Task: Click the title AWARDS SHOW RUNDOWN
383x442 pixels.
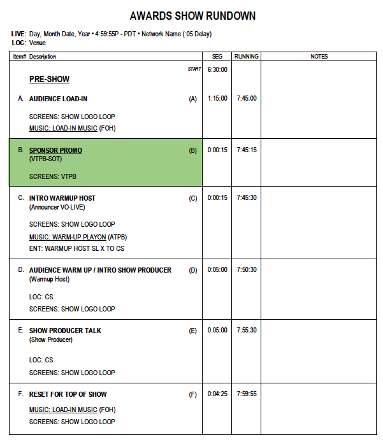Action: tap(192, 16)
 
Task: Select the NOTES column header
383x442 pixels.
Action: tap(319, 57)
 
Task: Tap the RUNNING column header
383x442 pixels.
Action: tap(246, 57)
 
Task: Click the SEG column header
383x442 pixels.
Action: tap(217, 57)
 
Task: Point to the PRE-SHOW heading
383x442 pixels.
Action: tap(49, 80)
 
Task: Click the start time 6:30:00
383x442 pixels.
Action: tap(217, 69)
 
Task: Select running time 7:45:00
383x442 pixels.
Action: tap(246, 99)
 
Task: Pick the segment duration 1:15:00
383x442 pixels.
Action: tap(217, 99)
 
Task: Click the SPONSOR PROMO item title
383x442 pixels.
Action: tap(55, 150)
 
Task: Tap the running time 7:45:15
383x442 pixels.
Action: tap(246, 150)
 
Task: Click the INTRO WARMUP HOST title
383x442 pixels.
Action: tap(62, 198)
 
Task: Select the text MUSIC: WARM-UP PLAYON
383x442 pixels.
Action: tap(68, 236)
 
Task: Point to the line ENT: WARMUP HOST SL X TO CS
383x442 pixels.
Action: tap(76, 248)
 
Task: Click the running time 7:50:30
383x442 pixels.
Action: tap(246, 270)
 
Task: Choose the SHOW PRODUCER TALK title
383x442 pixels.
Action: tap(65, 331)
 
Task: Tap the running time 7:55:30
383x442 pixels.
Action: tap(246, 331)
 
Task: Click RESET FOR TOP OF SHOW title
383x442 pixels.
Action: tap(68, 394)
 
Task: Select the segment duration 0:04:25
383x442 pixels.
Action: tap(217, 394)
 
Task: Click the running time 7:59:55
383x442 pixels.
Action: tap(246, 394)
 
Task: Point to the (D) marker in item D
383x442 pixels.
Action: tap(193, 270)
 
